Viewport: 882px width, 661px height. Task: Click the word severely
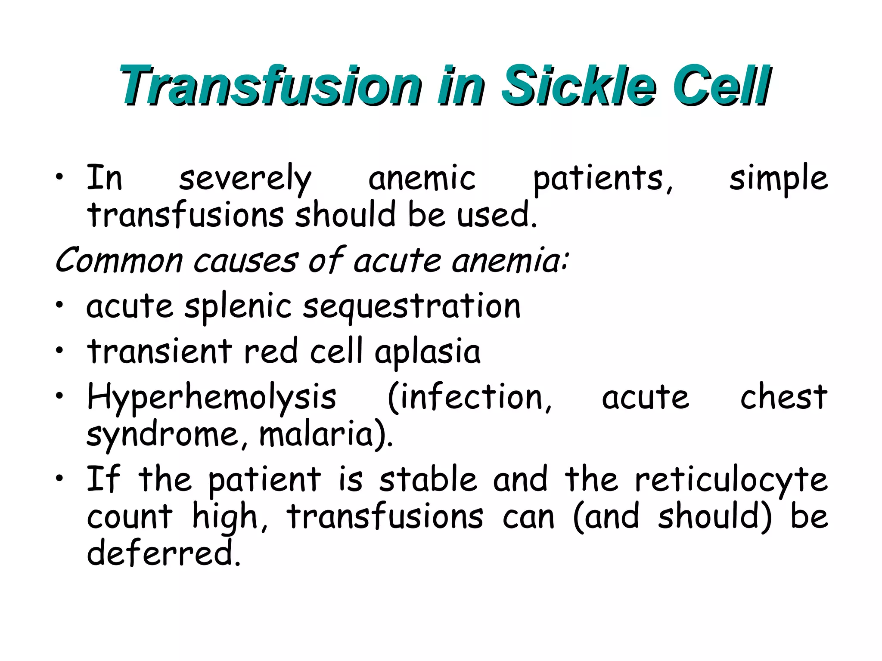coord(245,179)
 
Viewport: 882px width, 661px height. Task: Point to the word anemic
coord(422,179)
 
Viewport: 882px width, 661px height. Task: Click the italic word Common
coord(119,261)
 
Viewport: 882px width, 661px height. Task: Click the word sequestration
coord(412,307)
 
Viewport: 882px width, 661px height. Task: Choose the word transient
coord(160,351)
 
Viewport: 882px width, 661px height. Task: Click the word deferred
coord(163,553)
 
